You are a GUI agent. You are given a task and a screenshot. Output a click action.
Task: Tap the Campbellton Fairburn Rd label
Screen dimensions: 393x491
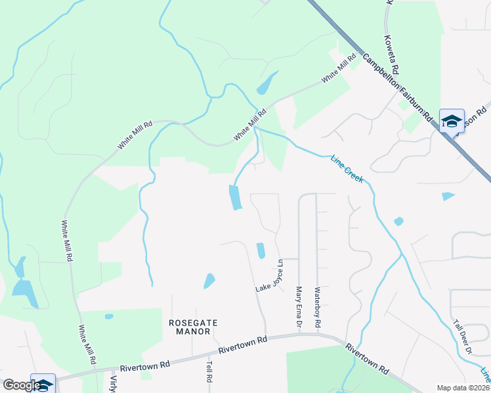coord(400,86)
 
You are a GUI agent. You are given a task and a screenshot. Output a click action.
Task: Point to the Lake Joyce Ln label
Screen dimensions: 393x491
coord(270,277)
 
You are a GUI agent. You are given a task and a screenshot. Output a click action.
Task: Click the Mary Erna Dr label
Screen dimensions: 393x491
coord(299,306)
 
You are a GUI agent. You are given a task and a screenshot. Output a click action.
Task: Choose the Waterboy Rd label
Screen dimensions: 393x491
coord(317,307)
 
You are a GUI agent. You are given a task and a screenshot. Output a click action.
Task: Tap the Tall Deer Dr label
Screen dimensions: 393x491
coord(463,337)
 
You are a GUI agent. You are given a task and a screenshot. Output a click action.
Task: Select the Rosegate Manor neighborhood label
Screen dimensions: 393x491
coord(193,327)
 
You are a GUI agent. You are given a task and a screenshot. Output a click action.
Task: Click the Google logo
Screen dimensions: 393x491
coord(21,384)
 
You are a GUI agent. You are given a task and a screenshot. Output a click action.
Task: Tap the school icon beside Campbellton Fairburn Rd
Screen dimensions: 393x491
coord(452,121)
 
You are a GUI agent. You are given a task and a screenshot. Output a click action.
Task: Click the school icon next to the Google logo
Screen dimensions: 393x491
coord(43,384)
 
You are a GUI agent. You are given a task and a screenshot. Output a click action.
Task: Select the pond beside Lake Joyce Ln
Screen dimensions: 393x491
coord(261,250)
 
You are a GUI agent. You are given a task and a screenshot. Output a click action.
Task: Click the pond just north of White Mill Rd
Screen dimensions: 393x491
coord(266,83)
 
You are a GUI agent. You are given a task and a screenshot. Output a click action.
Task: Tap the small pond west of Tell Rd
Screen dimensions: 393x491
coord(109,316)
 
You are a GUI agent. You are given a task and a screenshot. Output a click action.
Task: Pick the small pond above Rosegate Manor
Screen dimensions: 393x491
coord(209,281)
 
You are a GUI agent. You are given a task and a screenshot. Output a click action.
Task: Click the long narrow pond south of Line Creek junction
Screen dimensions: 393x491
coord(234,197)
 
